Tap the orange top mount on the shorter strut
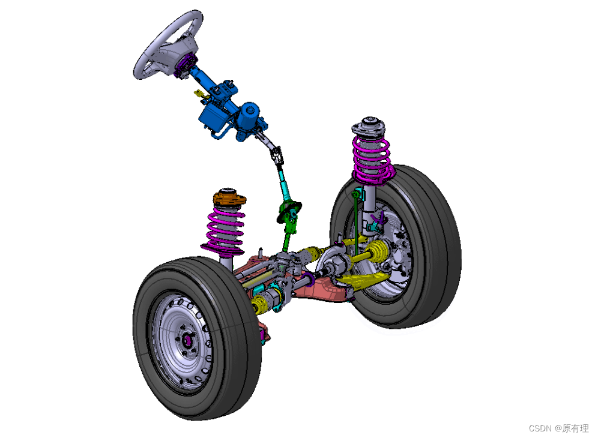pos(229,198)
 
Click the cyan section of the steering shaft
pos(284,182)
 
